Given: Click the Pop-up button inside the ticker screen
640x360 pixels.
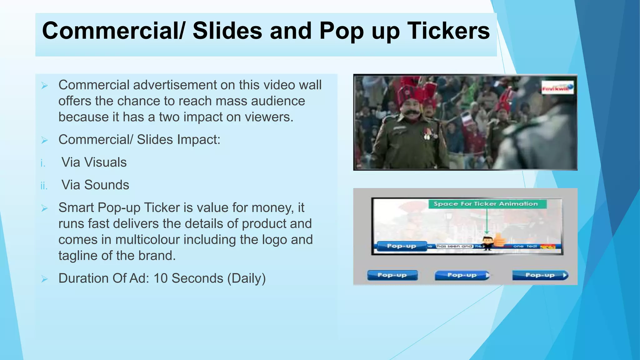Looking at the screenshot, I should click(401, 246).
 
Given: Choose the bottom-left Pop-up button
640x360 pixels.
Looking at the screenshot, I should click(392, 275).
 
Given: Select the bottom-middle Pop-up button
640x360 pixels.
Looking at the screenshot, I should click(462, 275).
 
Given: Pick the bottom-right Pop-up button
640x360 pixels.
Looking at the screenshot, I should click(540, 275).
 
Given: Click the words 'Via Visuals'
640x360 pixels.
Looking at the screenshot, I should click(94, 162).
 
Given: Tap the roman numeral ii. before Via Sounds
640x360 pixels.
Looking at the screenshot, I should click(44, 186).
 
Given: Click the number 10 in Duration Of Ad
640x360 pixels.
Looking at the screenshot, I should click(161, 278).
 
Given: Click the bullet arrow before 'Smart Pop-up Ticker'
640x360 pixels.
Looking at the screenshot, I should click(44, 208).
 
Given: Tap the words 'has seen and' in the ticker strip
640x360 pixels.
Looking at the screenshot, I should click(454, 246).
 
